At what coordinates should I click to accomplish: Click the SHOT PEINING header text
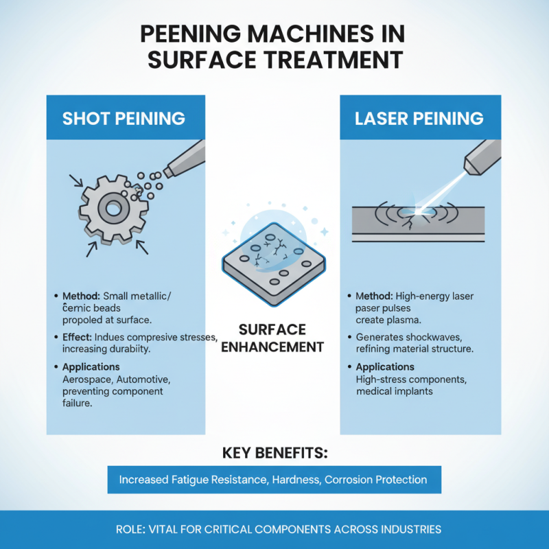[124, 118]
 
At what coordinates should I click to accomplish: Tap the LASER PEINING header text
[419, 118]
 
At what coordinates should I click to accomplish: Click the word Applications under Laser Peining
[385, 366]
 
